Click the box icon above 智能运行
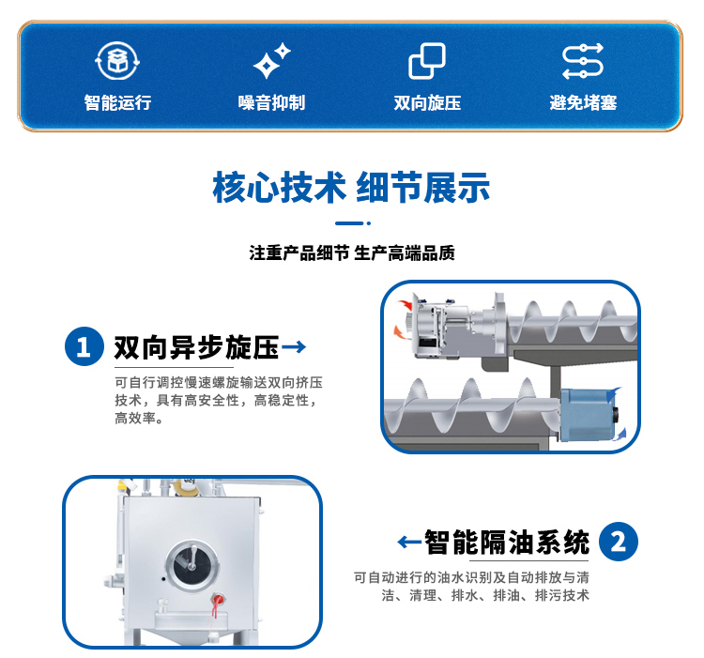click(x=116, y=62)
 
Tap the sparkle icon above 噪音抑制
click(x=272, y=62)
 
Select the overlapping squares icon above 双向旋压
click(x=427, y=62)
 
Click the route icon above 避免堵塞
click(x=583, y=62)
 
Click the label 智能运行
click(x=117, y=103)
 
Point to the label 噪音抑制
click(x=272, y=103)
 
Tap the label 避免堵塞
click(x=583, y=103)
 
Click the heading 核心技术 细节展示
click(x=351, y=188)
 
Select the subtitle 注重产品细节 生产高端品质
click(x=351, y=253)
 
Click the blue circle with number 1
click(x=84, y=348)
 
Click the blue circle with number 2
click(x=619, y=542)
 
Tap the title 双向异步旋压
click(x=196, y=348)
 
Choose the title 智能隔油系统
click(x=507, y=542)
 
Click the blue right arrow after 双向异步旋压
click(x=295, y=347)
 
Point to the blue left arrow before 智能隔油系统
click(x=408, y=542)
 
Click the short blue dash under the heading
click(x=349, y=223)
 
